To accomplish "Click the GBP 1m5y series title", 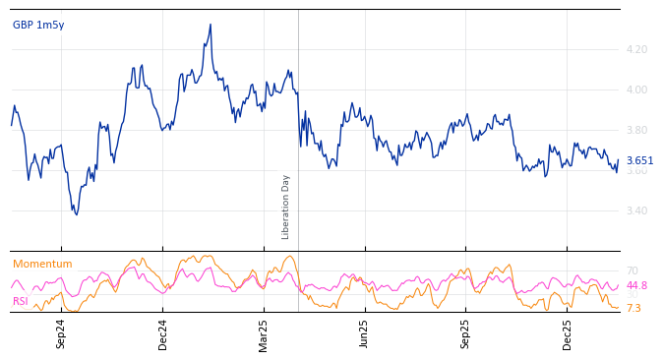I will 38,26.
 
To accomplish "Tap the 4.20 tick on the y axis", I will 636,49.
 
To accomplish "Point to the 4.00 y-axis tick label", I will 636,90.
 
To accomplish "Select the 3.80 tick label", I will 636,130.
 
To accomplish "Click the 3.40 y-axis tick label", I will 636,210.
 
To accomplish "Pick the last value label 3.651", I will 639,161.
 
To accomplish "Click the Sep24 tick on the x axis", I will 61,333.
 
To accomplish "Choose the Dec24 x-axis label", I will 163,333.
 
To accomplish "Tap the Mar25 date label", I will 264,333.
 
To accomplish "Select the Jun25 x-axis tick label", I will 365,333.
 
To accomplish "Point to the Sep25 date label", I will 466,333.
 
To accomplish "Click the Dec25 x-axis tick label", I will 568,333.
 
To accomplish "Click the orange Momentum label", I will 42,265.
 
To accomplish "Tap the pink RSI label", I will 21,302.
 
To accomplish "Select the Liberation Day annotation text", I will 286,207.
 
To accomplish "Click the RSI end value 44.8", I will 636,286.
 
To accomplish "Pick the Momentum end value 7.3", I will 633,309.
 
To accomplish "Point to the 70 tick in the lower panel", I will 632,270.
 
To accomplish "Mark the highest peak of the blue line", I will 211,25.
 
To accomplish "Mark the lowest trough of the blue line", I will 75,214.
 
